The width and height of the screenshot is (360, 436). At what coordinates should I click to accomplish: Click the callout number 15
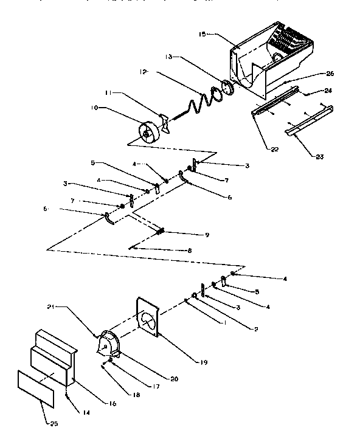203,35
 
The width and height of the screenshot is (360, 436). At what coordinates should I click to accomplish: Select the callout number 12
143,72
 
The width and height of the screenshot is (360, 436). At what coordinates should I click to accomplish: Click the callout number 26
330,74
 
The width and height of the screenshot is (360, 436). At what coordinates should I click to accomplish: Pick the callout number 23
319,157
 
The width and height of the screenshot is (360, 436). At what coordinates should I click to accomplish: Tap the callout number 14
87,413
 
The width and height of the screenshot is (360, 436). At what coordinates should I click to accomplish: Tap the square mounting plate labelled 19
147,316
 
